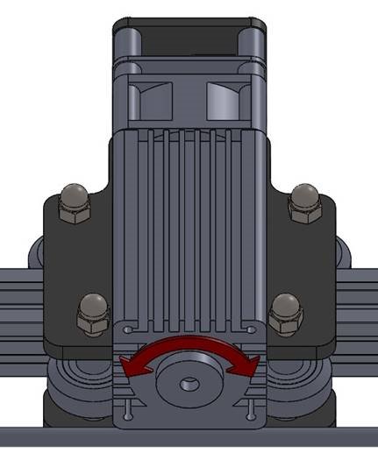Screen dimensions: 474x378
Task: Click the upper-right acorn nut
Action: (x=304, y=203)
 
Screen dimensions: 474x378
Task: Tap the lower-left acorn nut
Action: (x=93, y=313)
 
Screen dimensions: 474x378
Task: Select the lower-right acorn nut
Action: (x=284, y=313)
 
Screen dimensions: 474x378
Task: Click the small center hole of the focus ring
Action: (x=189, y=383)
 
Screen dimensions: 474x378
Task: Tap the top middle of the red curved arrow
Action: (x=189, y=343)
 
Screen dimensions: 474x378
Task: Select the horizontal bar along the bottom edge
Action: (x=189, y=435)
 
